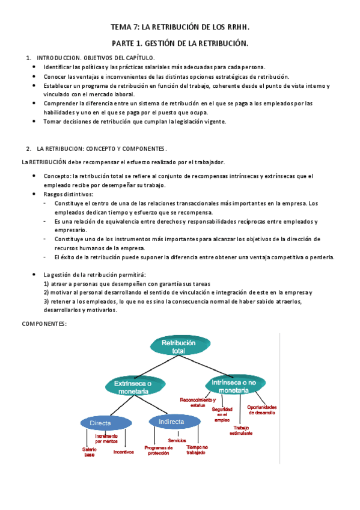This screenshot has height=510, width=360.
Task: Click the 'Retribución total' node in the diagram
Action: [178, 346]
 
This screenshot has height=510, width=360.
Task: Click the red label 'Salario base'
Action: [90, 451]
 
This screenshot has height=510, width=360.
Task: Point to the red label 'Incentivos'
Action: [123, 452]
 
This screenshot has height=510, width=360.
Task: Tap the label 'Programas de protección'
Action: [159, 450]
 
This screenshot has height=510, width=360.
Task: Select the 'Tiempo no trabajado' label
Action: [197, 450]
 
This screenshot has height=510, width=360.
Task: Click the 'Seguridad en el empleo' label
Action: [222, 414]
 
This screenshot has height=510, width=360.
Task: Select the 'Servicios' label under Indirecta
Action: [177, 441]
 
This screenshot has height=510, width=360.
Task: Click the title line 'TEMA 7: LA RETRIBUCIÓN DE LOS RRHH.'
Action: [180, 28]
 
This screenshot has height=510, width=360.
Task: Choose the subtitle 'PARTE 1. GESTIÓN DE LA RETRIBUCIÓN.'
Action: [180, 44]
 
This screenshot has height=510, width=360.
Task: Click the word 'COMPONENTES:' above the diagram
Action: [44, 324]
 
